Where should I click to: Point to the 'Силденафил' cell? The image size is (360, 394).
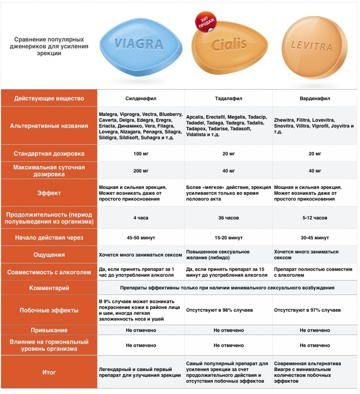pos(141,99)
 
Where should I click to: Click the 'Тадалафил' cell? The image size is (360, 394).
pos(229,99)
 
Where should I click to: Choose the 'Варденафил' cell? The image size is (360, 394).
pos(315,99)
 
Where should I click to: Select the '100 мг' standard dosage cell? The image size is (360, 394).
pos(141,154)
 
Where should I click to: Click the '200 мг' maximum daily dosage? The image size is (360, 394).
pos(141,171)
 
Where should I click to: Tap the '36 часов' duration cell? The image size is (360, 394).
pos(229,218)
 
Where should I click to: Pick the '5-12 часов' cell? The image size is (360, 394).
pos(315,218)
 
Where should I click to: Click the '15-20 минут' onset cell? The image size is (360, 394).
pos(229,238)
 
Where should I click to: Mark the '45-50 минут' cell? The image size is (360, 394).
pos(141,238)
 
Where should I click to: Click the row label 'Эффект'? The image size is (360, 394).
pos(49,193)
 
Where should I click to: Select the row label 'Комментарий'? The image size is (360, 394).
pos(49,288)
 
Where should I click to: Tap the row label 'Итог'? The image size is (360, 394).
pos(49,372)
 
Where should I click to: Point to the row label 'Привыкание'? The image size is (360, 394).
pos(49,330)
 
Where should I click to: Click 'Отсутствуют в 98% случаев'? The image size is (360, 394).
pos(219,310)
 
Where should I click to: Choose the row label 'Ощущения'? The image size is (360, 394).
pos(49,255)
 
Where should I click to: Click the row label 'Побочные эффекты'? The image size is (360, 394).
pos(49,310)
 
